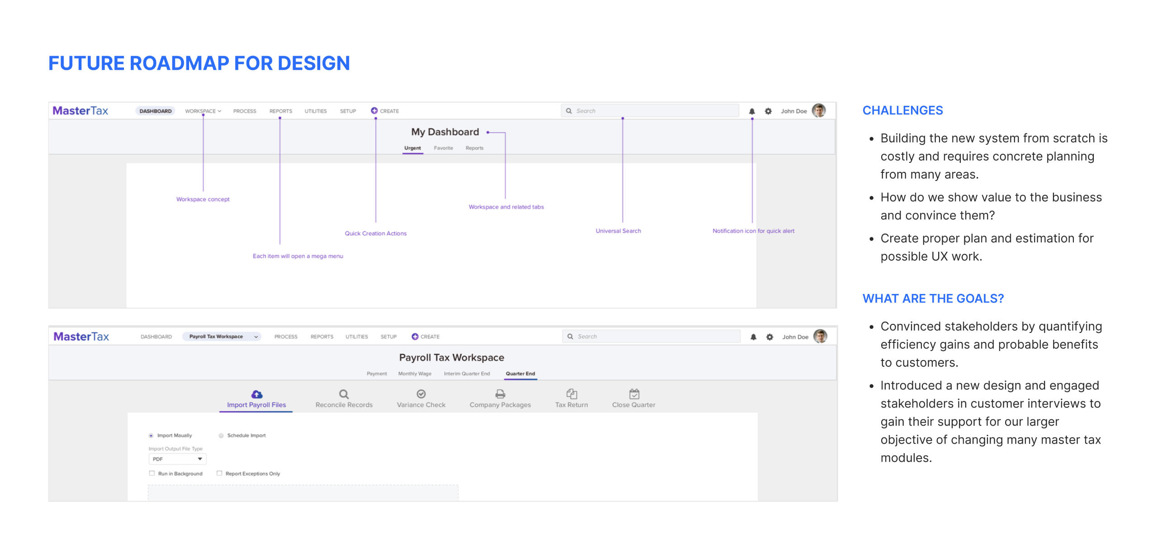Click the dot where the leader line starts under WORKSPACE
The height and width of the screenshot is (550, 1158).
203,115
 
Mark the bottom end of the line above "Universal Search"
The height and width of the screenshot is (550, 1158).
622,222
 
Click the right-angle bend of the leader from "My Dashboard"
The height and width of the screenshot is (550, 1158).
505,133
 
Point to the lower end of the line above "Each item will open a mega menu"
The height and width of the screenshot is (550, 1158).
280,244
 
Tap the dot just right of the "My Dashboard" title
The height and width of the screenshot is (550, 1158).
488,133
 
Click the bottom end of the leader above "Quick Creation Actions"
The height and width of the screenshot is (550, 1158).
375,222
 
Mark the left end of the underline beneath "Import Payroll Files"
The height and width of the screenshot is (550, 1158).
220,412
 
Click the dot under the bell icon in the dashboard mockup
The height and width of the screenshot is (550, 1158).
752,119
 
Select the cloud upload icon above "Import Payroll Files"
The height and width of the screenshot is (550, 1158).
256,394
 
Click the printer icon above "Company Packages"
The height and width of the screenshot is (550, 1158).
500,394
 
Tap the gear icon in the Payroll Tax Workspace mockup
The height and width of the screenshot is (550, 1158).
769,337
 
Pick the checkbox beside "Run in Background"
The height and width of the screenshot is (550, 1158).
152,473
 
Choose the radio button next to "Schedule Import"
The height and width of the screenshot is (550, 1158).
221,436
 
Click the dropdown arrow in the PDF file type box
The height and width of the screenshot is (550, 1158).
200,459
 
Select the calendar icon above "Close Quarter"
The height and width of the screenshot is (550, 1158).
634,394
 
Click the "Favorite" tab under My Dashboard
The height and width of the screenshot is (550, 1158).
443,148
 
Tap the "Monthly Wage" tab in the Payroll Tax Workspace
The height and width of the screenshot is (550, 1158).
415,374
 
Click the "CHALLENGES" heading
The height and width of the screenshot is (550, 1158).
902,110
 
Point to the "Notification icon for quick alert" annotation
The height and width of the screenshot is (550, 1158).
753,231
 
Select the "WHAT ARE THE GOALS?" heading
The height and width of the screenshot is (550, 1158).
933,299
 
